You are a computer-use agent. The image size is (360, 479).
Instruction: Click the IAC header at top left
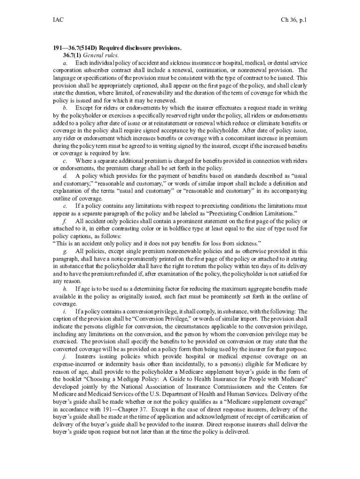[58, 20]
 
